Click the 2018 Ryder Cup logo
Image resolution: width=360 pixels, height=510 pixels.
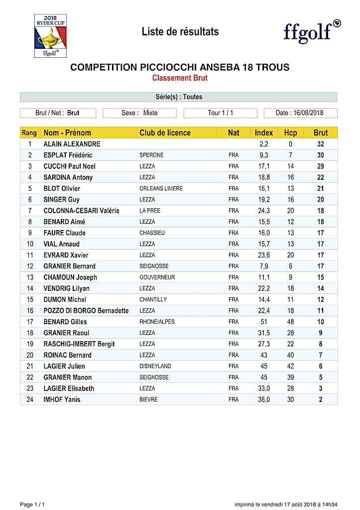pyautogui.click(x=50, y=35)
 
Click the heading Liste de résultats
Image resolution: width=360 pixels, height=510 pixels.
pyautogui.click(x=180, y=32)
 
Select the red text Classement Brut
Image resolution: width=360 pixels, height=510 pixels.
pyautogui.click(x=180, y=78)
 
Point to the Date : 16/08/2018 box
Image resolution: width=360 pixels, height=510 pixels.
pyautogui.click(x=300, y=113)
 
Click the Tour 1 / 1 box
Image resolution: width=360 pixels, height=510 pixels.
pyautogui.click(x=220, y=113)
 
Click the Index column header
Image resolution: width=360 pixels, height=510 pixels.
pyautogui.click(x=264, y=132)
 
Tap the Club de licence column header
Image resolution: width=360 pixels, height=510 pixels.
pyautogui.click(x=165, y=132)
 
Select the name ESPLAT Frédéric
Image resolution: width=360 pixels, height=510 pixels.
pyautogui.click(x=68, y=155)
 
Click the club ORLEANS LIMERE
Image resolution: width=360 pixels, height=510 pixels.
pyautogui.click(x=161, y=188)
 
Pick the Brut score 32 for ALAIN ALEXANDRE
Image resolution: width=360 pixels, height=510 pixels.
pyautogui.click(x=321, y=144)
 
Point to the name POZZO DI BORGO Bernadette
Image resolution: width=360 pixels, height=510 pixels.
pyautogui.click(x=86, y=310)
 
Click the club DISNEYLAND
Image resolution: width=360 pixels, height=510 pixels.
pyautogui.click(x=155, y=366)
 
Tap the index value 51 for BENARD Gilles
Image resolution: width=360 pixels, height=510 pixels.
pyautogui.click(x=264, y=322)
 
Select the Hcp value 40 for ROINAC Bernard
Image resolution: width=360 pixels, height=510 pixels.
pyautogui.click(x=290, y=355)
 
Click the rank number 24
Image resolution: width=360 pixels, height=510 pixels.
pyautogui.click(x=30, y=399)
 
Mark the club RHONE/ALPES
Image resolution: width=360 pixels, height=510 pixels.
pyautogui.click(x=157, y=322)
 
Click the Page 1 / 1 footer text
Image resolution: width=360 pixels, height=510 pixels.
pyautogui.click(x=32, y=504)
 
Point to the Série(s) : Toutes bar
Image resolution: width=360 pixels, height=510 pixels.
pyautogui.click(x=178, y=97)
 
